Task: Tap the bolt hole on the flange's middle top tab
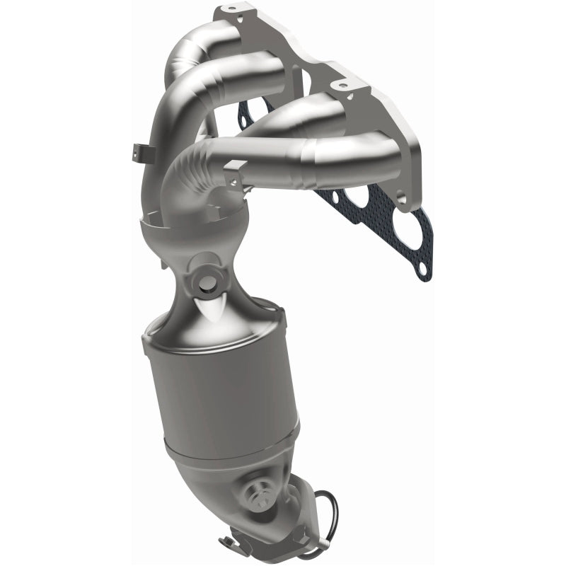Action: pyautogui.click(x=343, y=86)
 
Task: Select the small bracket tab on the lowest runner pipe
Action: pyautogui.click(x=234, y=170)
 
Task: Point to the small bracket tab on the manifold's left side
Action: pyautogui.click(x=139, y=151)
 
